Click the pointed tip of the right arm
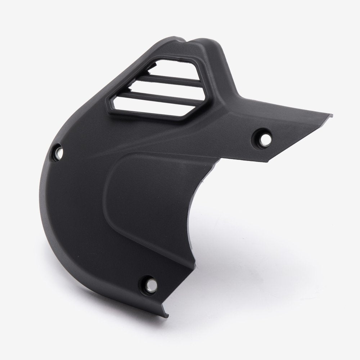pyautogui.click(x=331, y=116)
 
